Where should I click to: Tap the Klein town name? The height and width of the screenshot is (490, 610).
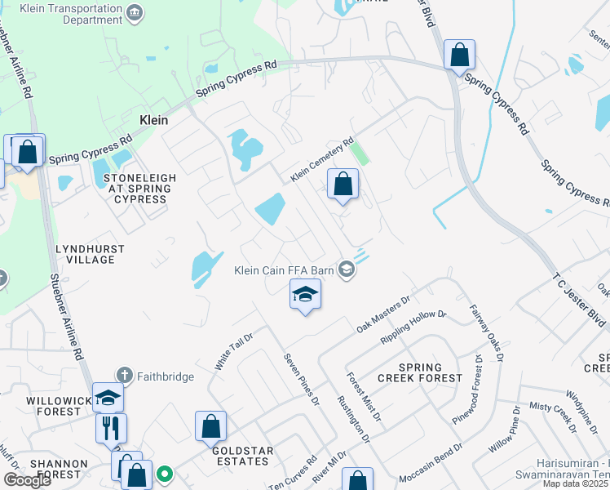pos(153,120)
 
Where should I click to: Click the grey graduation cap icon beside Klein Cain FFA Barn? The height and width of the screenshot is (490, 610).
pos(347,269)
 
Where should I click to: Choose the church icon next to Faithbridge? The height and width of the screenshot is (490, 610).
pos(124,375)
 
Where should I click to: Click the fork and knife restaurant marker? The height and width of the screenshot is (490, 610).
pos(111,427)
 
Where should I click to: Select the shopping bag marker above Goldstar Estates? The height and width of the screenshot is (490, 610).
pos(210,425)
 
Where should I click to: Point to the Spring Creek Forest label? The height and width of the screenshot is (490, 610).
pos(420,372)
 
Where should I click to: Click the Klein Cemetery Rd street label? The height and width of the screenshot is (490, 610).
pos(322,159)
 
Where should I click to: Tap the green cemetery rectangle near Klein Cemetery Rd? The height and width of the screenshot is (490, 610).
pos(358,153)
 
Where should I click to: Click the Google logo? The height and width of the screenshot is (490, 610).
pos(27,480)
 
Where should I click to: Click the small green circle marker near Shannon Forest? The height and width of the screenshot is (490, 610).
pos(165,472)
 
